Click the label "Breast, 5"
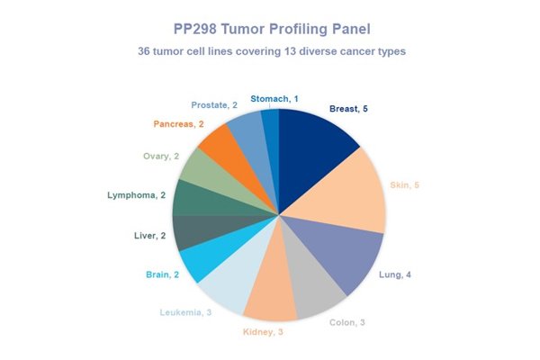point(348,110)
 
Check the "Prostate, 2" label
point(215,105)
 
